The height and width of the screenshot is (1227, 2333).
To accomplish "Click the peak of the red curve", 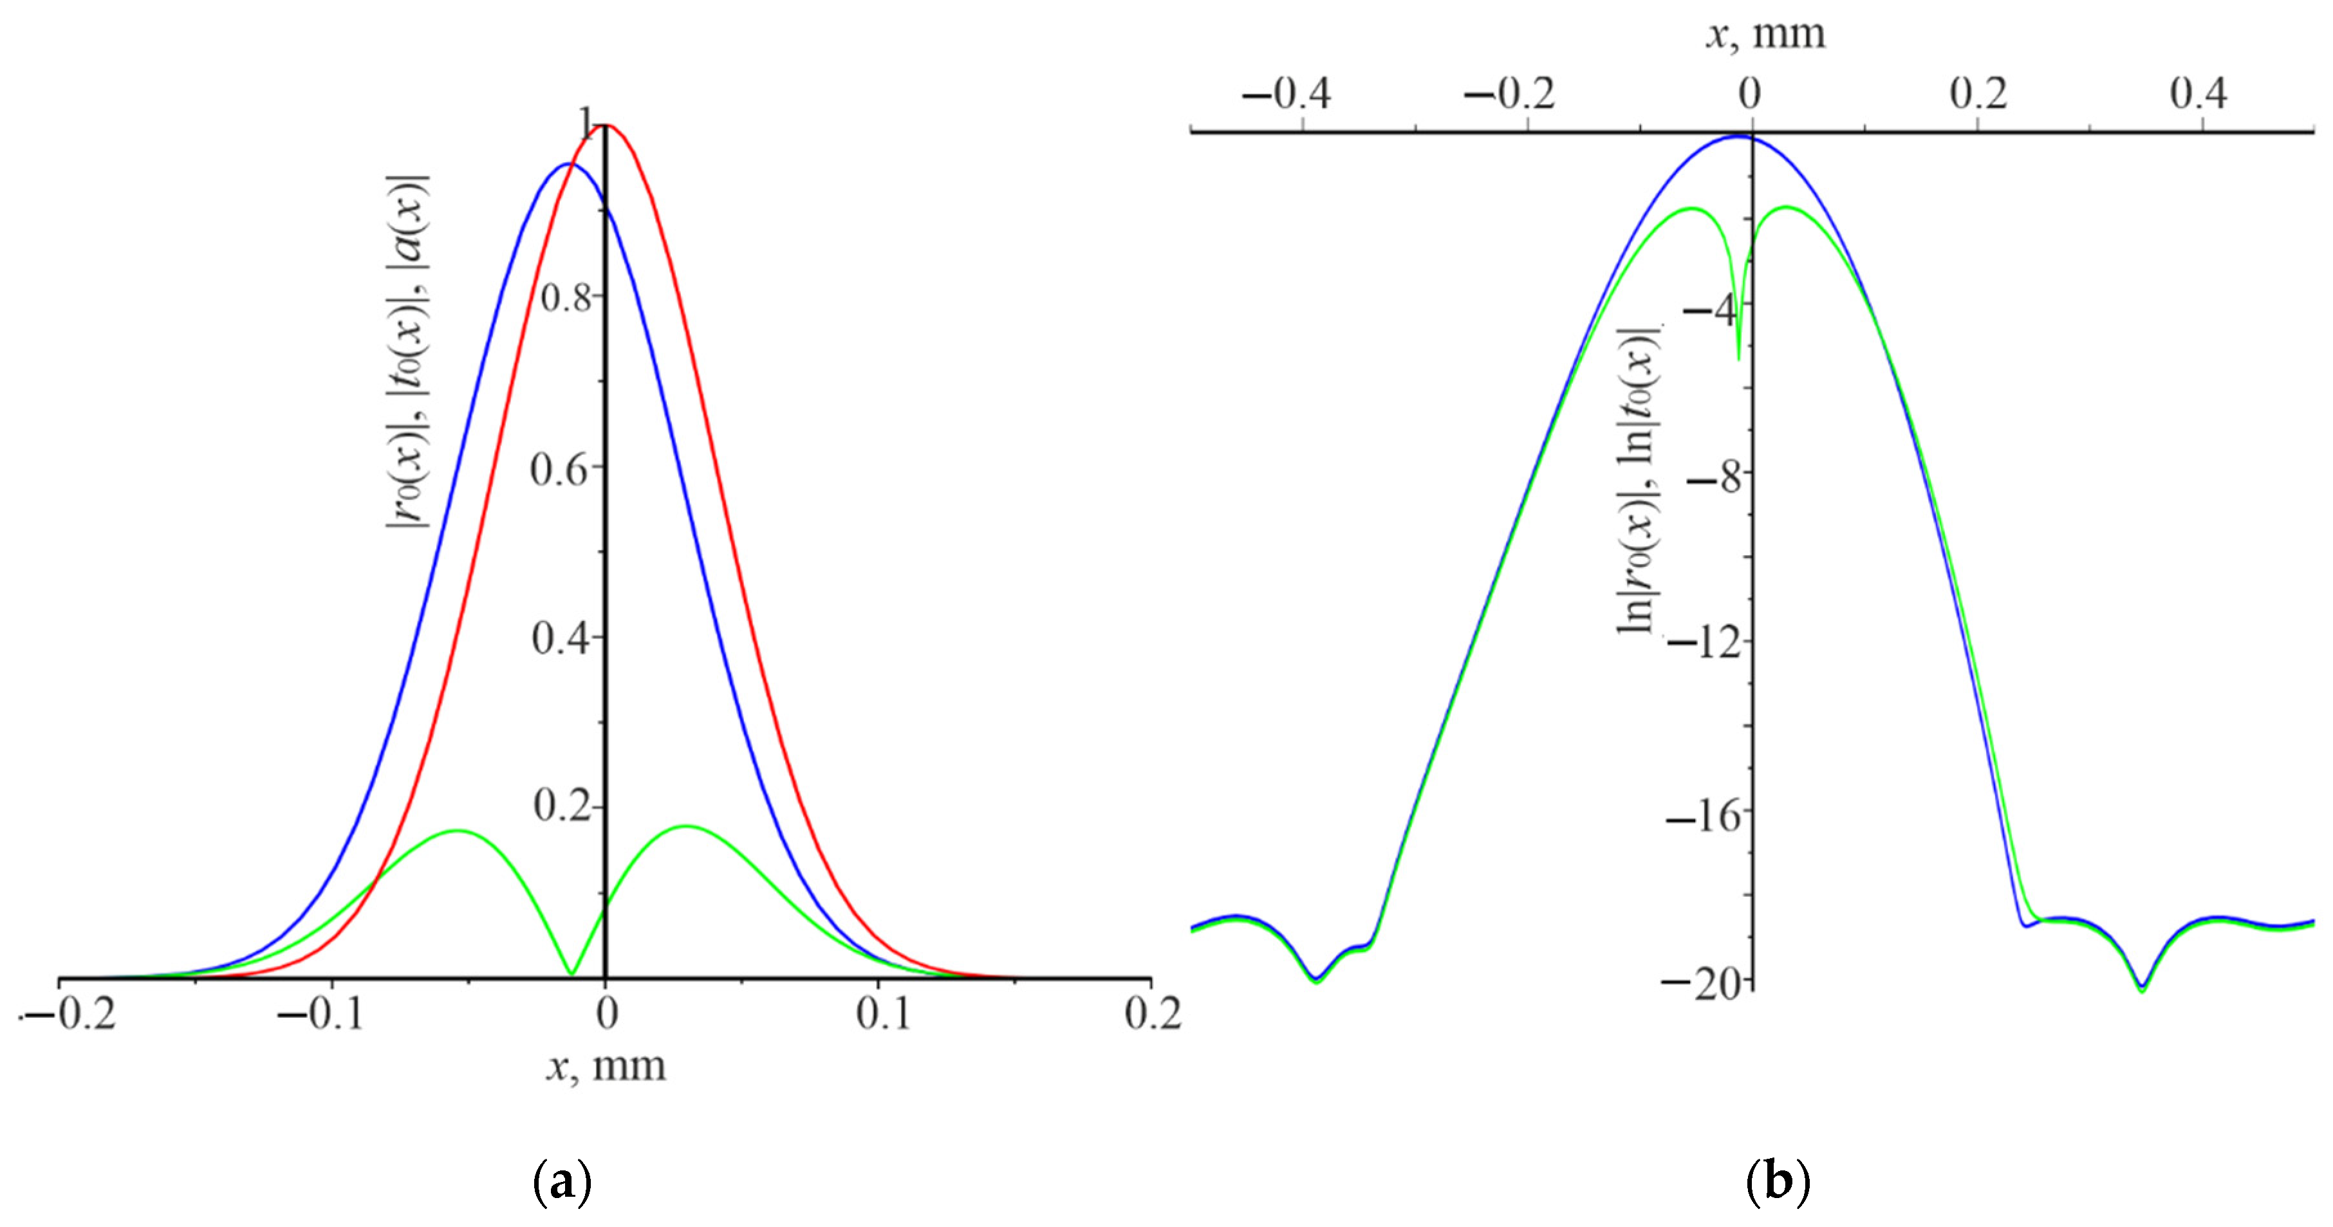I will pos(606,125).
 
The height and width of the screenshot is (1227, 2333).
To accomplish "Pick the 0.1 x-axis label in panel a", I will pos(883,1013).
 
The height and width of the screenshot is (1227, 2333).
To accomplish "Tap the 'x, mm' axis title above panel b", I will pos(1766,33).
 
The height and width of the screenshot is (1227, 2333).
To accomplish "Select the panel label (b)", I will pos(1777,1182).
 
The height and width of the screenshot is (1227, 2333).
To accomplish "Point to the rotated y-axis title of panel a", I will pos(409,353).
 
